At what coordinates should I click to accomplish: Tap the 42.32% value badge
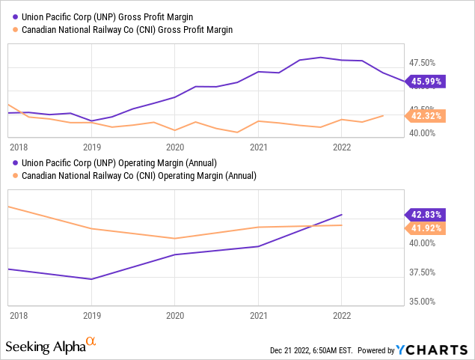[x=425, y=115]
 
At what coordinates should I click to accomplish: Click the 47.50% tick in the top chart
[x=422, y=63]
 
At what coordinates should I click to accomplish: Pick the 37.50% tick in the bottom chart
[x=422, y=272]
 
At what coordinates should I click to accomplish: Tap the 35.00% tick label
[x=422, y=302]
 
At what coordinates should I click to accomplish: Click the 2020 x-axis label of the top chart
[x=174, y=147]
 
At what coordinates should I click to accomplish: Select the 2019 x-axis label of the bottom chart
[x=91, y=316]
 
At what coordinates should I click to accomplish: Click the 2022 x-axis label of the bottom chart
[x=341, y=316]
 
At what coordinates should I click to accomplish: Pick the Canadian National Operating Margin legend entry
[x=135, y=175]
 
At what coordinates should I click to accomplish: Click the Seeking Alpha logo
[x=51, y=346]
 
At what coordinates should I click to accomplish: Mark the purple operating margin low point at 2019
[x=91, y=279]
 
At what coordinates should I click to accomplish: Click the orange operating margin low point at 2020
[x=174, y=239]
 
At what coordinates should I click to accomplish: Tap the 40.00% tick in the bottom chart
[x=422, y=243]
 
